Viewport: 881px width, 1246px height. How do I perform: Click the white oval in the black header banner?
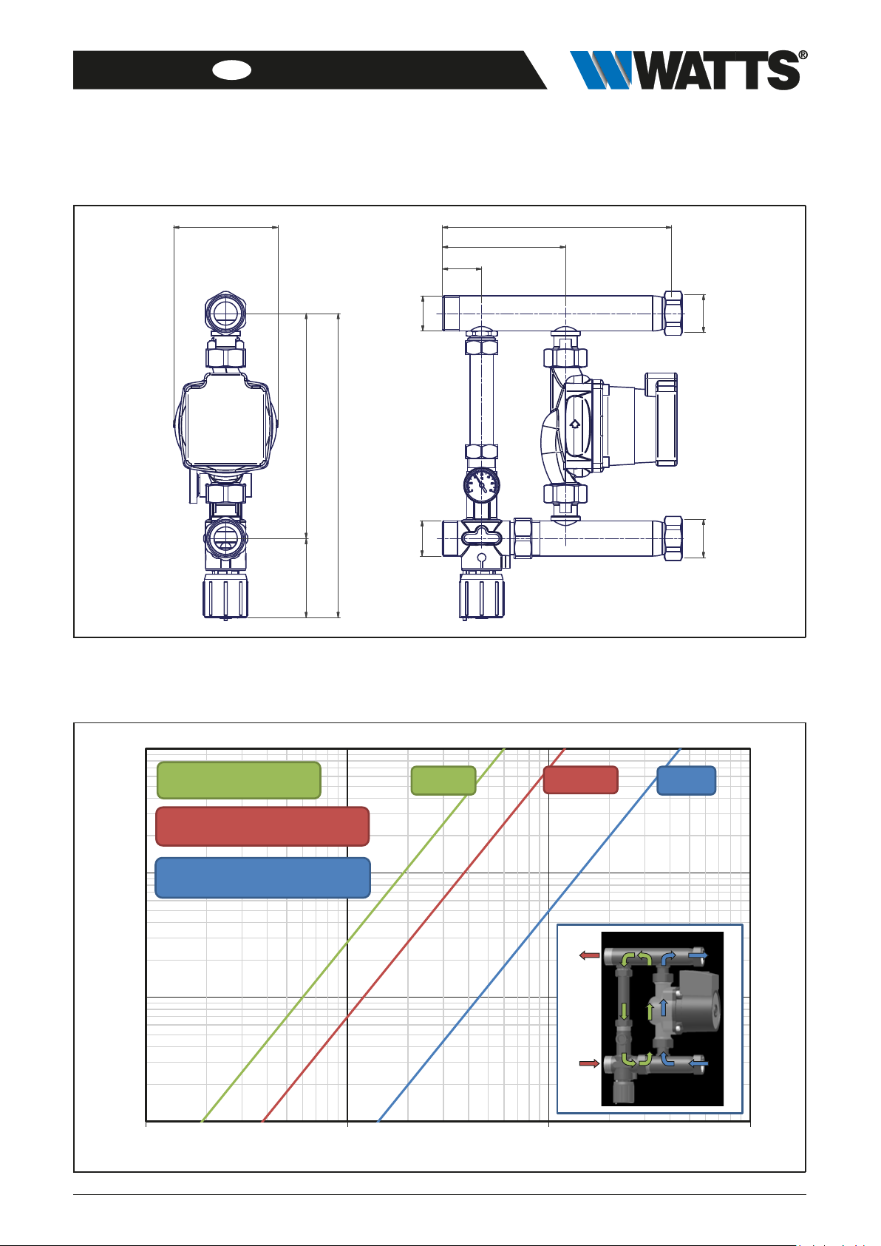tap(232, 70)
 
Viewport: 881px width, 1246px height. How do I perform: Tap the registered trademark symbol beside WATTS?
tap(803, 55)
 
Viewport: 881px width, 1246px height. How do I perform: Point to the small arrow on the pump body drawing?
tap(575, 424)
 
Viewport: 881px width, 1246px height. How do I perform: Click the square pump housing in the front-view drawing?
tap(225, 421)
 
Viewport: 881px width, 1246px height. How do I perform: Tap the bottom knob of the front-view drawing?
tap(225, 596)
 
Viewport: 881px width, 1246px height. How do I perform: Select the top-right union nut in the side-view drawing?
tap(673, 314)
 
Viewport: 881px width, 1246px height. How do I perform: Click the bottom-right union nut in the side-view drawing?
tap(673, 538)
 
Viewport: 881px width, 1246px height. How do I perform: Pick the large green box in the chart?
tap(239, 780)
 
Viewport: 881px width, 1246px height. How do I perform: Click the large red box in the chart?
tap(262, 826)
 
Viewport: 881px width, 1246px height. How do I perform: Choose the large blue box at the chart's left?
tap(262, 877)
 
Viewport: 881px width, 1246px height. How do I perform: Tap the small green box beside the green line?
tap(443, 780)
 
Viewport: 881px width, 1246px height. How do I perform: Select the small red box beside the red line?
tap(580, 780)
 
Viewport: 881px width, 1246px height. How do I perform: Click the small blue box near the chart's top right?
tap(687, 780)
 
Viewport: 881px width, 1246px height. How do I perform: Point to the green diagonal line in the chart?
tap(353, 935)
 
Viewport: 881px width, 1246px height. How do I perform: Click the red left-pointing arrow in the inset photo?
tap(589, 955)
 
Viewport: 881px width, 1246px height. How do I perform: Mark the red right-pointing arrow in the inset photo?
tap(589, 1063)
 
